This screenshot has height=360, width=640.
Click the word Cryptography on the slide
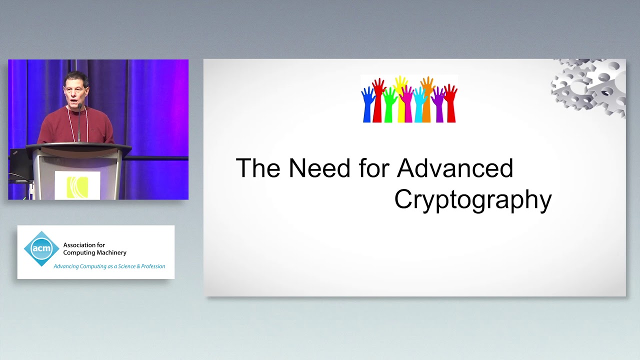click(472, 199)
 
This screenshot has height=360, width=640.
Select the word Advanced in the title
click(455, 168)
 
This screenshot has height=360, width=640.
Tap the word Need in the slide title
click(319, 168)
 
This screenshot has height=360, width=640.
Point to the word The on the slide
click(258, 168)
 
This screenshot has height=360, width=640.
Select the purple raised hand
click(439, 105)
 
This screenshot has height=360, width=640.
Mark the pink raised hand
click(406, 105)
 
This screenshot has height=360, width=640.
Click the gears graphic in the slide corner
click(590, 85)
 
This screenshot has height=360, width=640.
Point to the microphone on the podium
click(79, 120)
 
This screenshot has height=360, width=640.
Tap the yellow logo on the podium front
click(77, 186)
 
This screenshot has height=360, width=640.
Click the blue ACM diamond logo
click(41, 248)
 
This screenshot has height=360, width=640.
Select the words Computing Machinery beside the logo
click(94, 253)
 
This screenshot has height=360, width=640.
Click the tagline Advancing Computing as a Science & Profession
click(109, 266)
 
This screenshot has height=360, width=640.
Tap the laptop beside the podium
click(20, 162)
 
